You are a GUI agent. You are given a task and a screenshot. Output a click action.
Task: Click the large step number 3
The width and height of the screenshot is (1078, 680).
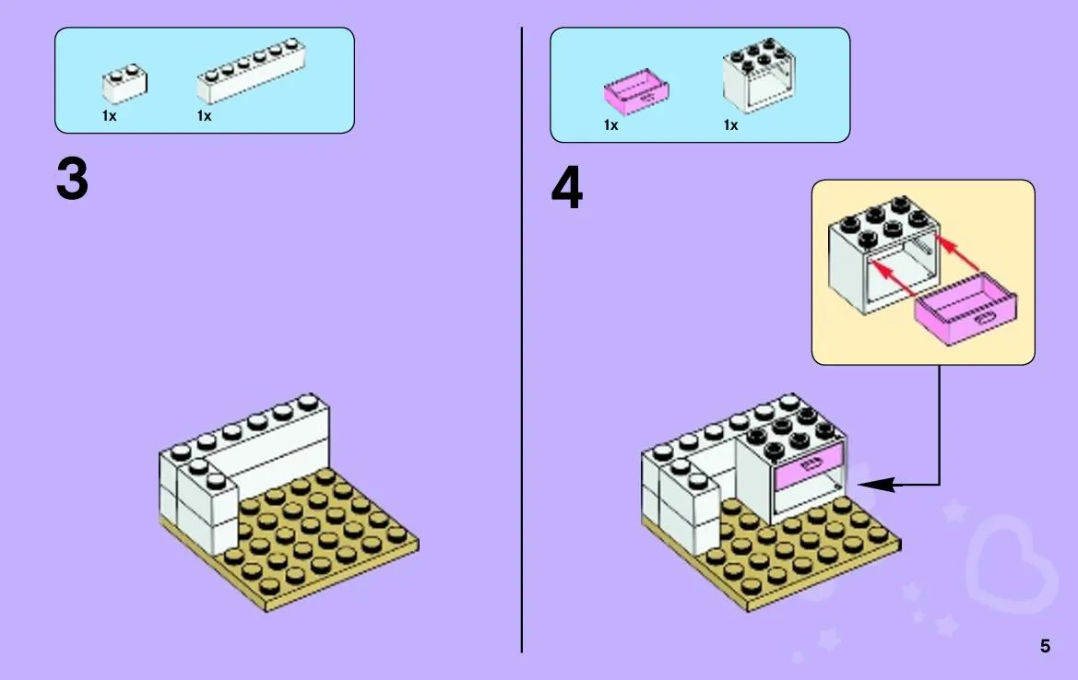[x=72, y=179]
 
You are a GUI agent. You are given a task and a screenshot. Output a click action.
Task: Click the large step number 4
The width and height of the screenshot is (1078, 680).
[x=566, y=187]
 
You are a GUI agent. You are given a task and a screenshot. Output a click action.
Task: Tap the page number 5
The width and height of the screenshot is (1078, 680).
[x=1045, y=646]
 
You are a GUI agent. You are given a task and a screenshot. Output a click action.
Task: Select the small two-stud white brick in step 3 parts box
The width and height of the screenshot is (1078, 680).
[x=124, y=84]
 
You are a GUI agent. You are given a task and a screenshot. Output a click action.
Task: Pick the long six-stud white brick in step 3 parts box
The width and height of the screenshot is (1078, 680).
[x=251, y=71]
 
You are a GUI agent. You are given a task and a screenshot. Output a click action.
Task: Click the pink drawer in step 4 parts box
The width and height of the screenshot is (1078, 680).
[x=636, y=91]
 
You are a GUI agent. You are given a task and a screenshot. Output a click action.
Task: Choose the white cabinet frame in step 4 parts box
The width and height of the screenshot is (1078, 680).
[x=759, y=75]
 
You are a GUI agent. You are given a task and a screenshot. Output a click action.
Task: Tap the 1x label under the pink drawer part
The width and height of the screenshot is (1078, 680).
[x=610, y=125]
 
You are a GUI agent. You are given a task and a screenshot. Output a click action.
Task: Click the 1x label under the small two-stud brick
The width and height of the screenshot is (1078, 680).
[x=110, y=116]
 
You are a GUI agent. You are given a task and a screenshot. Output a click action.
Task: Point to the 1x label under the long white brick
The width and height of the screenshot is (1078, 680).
[x=204, y=116]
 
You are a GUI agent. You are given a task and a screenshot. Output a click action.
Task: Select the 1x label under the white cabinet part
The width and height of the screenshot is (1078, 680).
[x=730, y=125]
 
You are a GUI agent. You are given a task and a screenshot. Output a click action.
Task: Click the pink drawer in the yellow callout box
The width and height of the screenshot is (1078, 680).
[x=965, y=309]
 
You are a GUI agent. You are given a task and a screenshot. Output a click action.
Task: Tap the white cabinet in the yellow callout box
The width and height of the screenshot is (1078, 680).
[x=883, y=254]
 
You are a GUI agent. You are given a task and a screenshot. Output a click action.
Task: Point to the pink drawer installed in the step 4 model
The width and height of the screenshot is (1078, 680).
[x=809, y=465]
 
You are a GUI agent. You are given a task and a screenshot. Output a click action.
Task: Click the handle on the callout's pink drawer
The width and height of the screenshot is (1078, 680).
[x=988, y=318]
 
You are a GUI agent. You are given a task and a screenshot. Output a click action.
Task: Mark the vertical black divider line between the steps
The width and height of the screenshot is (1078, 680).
[x=522, y=340]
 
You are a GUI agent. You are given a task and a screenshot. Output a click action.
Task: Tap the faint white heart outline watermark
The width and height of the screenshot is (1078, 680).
[x=1011, y=565]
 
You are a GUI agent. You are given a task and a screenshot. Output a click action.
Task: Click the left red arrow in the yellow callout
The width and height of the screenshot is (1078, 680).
[x=893, y=278]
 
